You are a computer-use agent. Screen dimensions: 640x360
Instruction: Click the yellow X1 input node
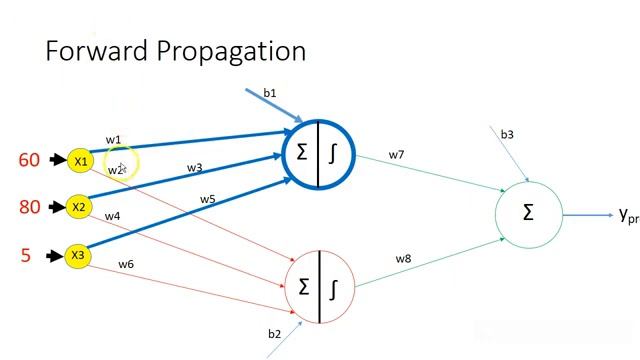coord(80,160)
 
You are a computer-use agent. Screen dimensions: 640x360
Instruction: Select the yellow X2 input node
coord(79,208)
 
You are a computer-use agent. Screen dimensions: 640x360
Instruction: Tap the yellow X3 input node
coord(78,255)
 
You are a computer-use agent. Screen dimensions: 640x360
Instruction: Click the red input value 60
coord(29,160)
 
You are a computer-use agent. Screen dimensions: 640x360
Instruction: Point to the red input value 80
coord(29,208)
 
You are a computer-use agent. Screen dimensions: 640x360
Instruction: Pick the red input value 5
coord(26,255)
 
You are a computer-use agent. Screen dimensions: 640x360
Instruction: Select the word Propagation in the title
coord(233,52)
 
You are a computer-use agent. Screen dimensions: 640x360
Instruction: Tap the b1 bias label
coord(270,93)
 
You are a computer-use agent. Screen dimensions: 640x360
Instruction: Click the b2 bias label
coord(274,333)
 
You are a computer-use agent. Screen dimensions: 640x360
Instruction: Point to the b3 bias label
coord(507,134)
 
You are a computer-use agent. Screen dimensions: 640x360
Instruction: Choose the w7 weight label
coord(396,155)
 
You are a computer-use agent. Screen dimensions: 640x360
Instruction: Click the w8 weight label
coord(403,259)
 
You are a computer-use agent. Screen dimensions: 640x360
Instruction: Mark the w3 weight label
coord(194,168)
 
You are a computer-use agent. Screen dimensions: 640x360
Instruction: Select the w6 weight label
coord(126,264)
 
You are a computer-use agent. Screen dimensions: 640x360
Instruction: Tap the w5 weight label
coord(207,199)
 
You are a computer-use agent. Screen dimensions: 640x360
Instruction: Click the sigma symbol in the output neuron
coord(528,212)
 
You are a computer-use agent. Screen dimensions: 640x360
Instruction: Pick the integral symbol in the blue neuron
coord(334,153)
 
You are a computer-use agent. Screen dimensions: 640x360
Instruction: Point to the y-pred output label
coord(628,214)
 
